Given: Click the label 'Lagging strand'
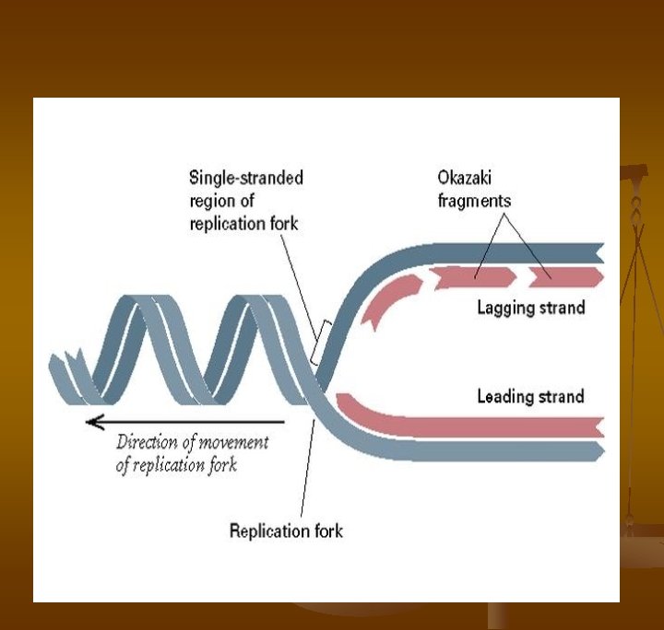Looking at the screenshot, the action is click(530, 308).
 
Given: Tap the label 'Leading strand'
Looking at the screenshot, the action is click(530, 397).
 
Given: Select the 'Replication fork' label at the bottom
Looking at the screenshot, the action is click(286, 531).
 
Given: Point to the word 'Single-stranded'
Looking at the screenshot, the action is click(246, 177).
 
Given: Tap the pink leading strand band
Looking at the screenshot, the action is click(461, 421).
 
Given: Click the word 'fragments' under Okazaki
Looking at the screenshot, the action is click(474, 200).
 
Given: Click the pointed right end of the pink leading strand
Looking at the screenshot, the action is click(599, 427).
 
